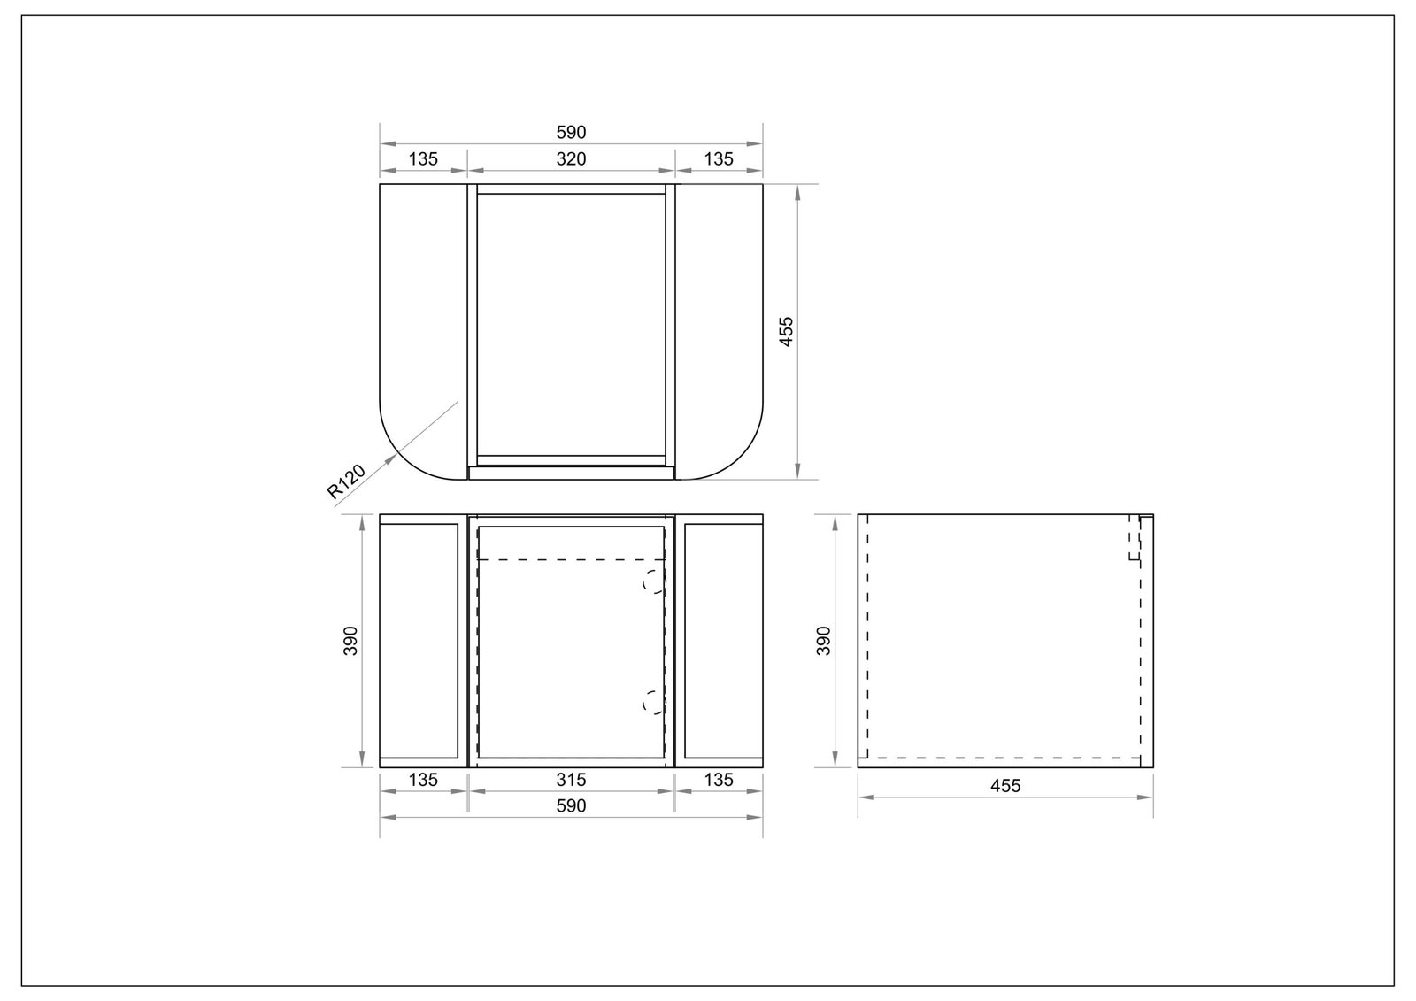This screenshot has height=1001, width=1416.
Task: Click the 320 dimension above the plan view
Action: tap(571, 159)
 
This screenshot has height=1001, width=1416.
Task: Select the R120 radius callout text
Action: tap(346, 481)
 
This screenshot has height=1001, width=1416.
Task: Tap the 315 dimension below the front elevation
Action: tap(571, 781)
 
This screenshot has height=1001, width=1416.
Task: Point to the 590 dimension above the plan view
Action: tap(571, 133)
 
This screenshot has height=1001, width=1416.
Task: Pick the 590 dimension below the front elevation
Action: tap(571, 806)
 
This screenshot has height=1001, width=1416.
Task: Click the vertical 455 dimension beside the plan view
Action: tap(787, 331)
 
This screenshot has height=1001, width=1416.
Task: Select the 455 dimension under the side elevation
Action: tap(1005, 786)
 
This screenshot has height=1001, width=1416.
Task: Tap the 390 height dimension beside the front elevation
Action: tap(350, 641)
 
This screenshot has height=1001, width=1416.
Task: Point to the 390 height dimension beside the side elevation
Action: tap(823, 641)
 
